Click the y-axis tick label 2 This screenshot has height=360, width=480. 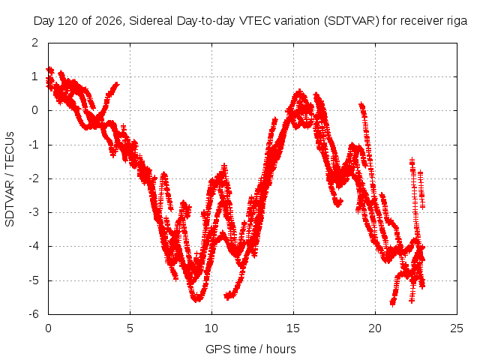coord(35,43)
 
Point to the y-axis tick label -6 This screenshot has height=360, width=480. coord(34,314)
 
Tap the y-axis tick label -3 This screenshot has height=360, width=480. coord(34,212)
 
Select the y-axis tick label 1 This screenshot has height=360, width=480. coord(35,76)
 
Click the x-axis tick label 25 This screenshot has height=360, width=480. coord(457,328)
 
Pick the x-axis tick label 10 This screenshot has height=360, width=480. coord(211,328)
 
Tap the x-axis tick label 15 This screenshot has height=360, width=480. coord(293,328)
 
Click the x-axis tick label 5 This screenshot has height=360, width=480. coord(130,328)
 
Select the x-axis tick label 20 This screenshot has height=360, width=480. coord(375,328)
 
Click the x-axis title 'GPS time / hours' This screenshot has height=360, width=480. coord(250,349)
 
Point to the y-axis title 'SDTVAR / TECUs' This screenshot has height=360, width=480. coord(10,179)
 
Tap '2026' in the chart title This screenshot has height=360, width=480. coord(109,21)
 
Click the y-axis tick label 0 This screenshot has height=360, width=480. coord(35,110)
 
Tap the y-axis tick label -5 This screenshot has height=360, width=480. coord(34,280)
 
